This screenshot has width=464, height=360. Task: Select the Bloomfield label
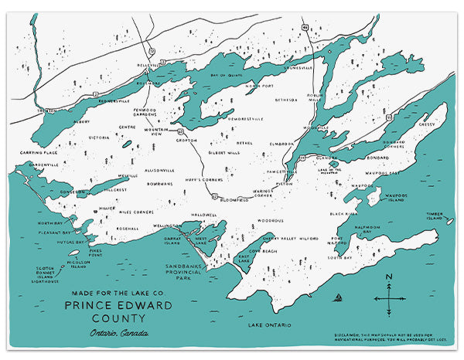click(x=234, y=199)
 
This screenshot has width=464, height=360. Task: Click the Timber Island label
click(x=436, y=219)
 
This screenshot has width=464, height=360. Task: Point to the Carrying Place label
click(x=39, y=154)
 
